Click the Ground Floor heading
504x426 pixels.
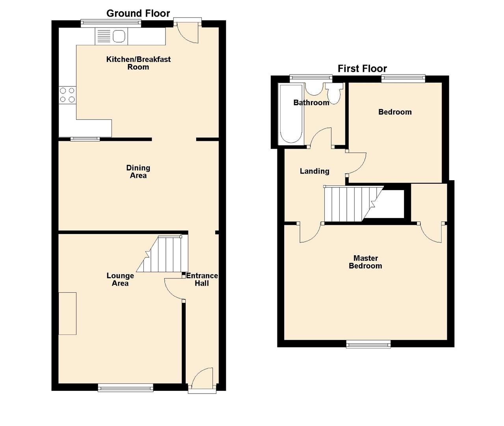pos(138,13)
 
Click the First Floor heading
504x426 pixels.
pos(362,69)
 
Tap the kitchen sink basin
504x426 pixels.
pos(119,37)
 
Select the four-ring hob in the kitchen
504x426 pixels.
pos(67,95)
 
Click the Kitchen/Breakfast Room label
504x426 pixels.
pos(138,63)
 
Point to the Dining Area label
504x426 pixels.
pos(138,172)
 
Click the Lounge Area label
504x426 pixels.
pos(120,279)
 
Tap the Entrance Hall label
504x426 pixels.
pos(202,279)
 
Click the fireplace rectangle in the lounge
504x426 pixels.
pos(67,314)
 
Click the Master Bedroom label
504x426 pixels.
pos(365,262)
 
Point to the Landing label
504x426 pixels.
pos(314,171)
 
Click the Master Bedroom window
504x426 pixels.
pos(368,345)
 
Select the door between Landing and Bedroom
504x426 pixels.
pos(357,163)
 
